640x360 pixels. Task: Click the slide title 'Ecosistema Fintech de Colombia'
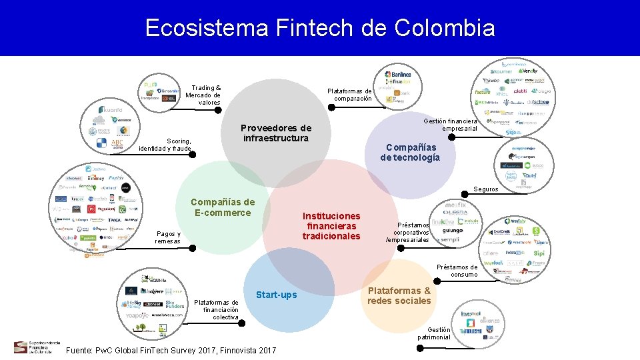coord(319,28)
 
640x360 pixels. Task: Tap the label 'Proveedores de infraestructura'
coord(276,133)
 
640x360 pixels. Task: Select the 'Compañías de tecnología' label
coord(410,152)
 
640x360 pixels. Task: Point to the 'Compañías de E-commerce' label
coord(223,207)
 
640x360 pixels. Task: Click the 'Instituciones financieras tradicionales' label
coord(331,226)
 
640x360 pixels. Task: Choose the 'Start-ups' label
coord(277,295)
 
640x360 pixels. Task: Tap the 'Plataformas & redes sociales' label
coord(399,295)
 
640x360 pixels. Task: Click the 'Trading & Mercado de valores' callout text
coord(205,95)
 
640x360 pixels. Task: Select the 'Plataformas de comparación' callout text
coord(350,95)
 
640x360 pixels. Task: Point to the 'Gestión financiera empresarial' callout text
coord(451,125)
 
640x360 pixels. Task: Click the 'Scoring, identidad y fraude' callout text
coord(165,145)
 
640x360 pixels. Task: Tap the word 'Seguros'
coord(486,189)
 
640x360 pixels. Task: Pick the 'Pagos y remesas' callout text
coord(168,237)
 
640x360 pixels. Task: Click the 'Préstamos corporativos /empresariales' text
coord(408,233)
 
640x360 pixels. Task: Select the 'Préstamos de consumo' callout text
coord(457,271)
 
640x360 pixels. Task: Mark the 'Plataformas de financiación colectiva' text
coord(216,309)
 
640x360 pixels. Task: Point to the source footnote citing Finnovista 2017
coord(171,350)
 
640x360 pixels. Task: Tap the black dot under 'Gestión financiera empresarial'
coord(451,137)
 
